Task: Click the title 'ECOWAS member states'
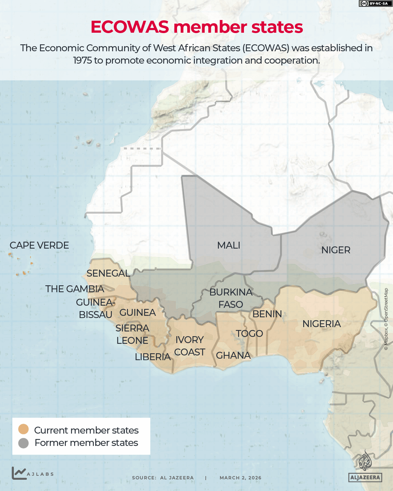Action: click(x=196, y=27)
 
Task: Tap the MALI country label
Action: click(x=229, y=245)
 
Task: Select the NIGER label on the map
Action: click(x=336, y=250)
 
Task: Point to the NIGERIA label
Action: click(x=321, y=324)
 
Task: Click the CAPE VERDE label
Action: click(x=39, y=245)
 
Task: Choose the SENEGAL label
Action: click(x=108, y=273)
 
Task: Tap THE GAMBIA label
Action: click(x=75, y=289)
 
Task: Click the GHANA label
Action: click(x=233, y=355)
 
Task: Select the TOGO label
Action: click(x=249, y=334)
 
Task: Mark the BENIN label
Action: click(x=267, y=314)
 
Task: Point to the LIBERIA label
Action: click(x=153, y=357)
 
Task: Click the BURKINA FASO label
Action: click(x=231, y=298)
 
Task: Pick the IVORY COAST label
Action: click(x=189, y=346)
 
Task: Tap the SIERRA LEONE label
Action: click(x=132, y=334)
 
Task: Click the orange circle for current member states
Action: click(x=24, y=429)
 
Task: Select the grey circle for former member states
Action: click(x=24, y=443)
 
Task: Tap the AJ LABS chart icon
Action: click(x=19, y=473)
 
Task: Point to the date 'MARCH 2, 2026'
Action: click(x=240, y=478)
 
